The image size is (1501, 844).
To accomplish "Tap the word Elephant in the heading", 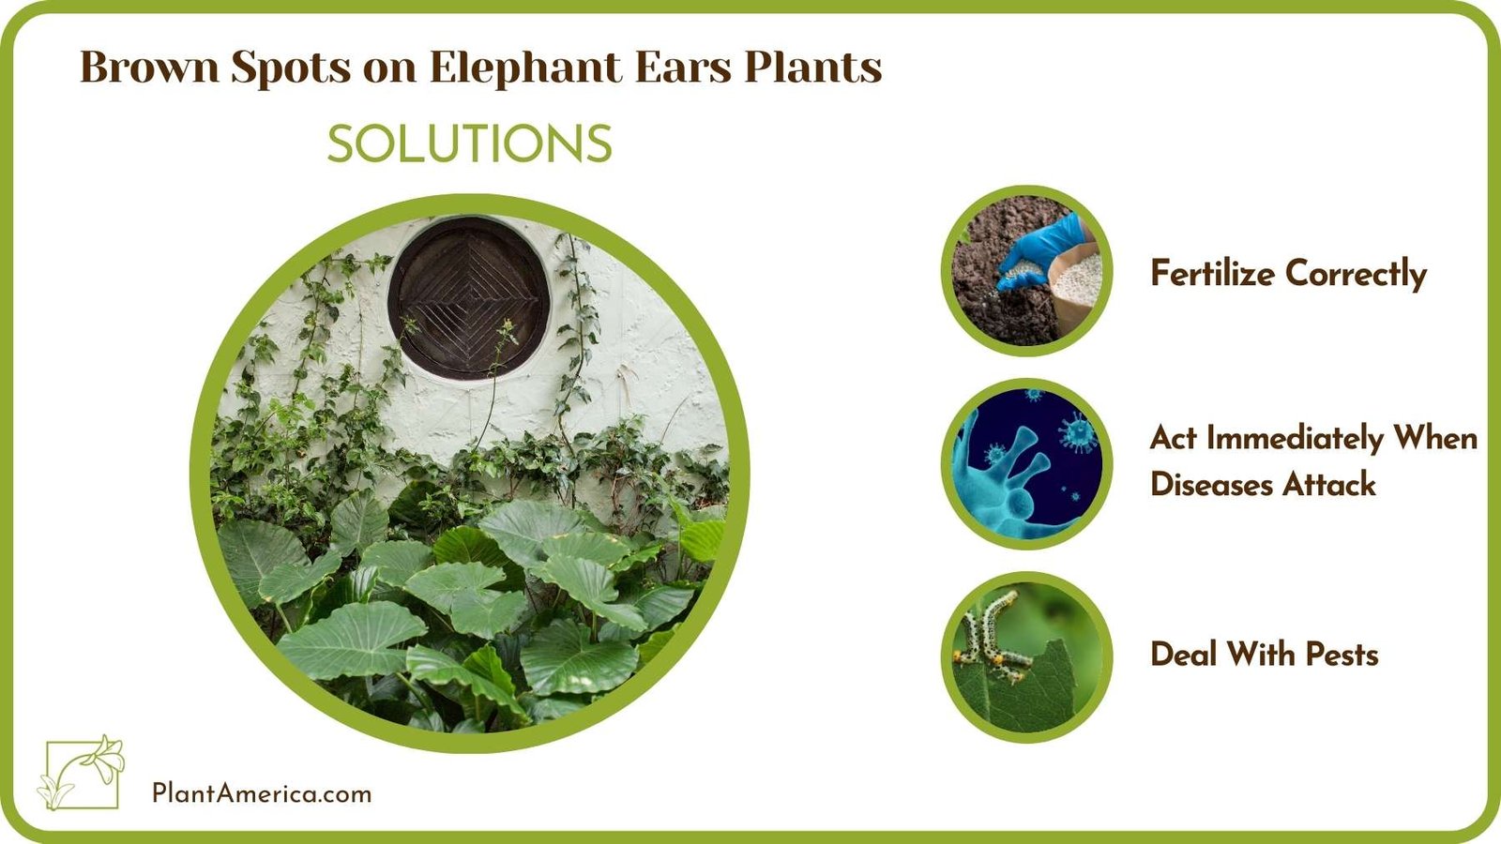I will tap(525, 68).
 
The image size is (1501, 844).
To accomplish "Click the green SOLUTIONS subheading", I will tap(469, 144).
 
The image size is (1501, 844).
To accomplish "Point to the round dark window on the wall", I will tap(468, 297).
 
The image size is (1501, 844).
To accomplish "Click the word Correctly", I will tap(1356, 274).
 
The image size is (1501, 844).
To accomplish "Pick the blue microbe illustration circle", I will tap(1027, 464).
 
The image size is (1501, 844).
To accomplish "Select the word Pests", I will tap(1342, 654).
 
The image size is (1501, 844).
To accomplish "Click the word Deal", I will tap(1183, 654).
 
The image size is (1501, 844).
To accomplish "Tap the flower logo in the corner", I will tap(82, 773).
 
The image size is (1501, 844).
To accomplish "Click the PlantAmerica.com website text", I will tap(262, 793).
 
